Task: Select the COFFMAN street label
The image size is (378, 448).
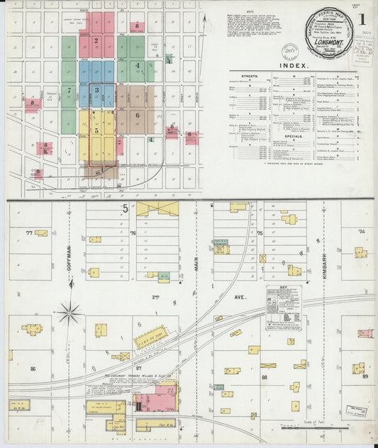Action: [x=70, y=250]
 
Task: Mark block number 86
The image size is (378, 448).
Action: [x=33, y=369]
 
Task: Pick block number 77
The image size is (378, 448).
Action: [x=29, y=232]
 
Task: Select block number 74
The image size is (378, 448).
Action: [x=360, y=231]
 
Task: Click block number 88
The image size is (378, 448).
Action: [x=265, y=378]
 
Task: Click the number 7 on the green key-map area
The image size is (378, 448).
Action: [x=69, y=90]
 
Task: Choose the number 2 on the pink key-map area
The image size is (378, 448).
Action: [x=96, y=40]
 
